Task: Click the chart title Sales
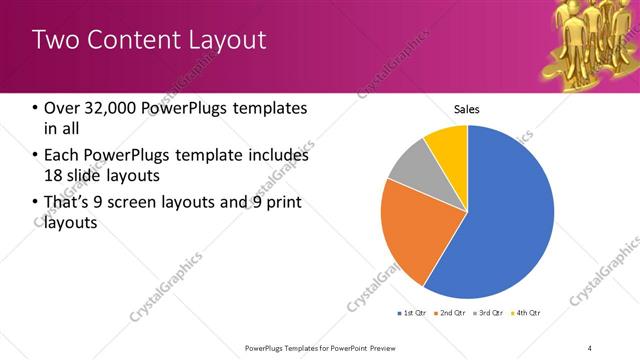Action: [x=467, y=109]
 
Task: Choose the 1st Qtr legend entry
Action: [x=411, y=313]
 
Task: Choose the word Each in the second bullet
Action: [x=62, y=156]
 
